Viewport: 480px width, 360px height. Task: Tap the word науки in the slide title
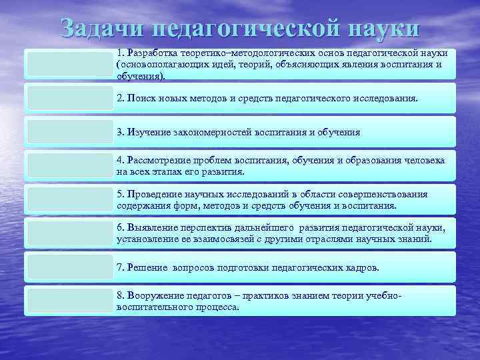tap(383, 29)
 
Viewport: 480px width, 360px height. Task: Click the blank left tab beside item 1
tap(69, 64)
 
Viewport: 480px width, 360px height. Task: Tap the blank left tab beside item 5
tap(69, 199)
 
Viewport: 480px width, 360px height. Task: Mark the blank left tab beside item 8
tap(69, 301)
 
